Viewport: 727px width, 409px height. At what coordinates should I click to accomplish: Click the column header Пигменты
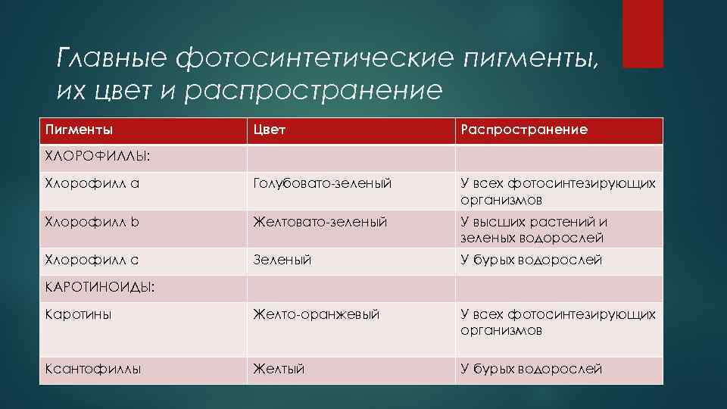pyautogui.click(x=80, y=130)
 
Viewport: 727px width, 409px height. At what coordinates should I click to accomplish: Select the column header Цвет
pyautogui.click(x=270, y=130)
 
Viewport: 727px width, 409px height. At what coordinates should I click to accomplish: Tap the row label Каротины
pyautogui.click(x=78, y=314)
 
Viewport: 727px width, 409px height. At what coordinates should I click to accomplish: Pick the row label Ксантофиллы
pyautogui.click(x=93, y=369)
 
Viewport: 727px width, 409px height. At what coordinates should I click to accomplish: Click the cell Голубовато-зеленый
pyautogui.click(x=323, y=184)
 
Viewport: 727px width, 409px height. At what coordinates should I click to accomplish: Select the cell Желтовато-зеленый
pyautogui.click(x=320, y=222)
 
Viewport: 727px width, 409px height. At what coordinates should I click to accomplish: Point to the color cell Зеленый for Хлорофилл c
pyautogui.click(x=282, y=260)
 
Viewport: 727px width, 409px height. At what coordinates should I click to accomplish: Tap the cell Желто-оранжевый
pyautogui.click(x=317, y=314)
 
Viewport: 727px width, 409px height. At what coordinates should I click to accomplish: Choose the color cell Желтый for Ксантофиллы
pyautogui.click(x=279, y=369)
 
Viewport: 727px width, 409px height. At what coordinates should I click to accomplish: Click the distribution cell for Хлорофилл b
pyautogui.click(x=534, y=229)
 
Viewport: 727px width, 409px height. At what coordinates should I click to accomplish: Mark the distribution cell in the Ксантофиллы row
pyautogui.click(x=531, y=369)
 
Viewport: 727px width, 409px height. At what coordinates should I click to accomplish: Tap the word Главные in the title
pyautogui.click(x=113, y=58)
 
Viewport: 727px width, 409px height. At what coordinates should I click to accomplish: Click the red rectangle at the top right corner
pyautogui.click(x=642, y=33)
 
